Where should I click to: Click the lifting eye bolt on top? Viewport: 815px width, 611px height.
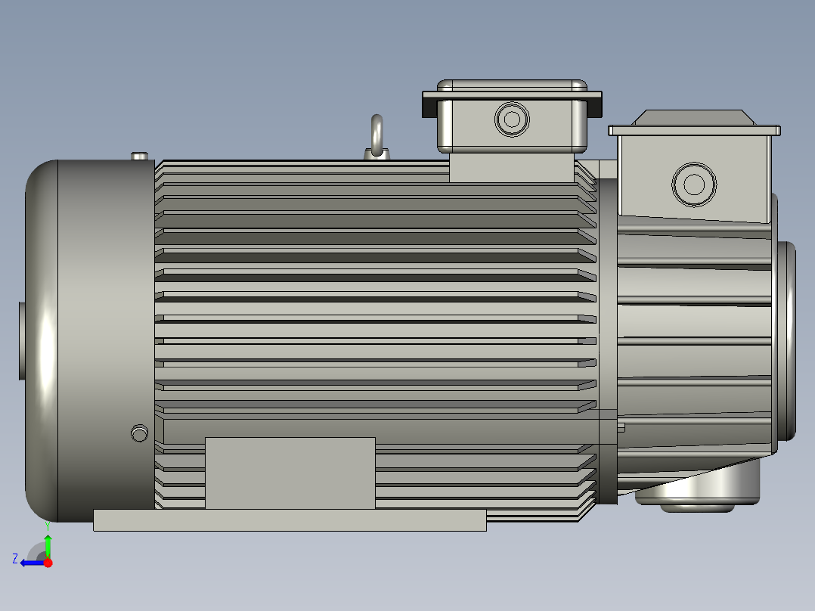pos(377,137)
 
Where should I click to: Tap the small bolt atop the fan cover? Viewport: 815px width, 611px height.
pos(139,156)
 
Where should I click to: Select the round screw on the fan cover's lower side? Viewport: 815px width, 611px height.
pos(138,433)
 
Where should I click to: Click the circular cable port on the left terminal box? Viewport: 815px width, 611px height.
pos(512,119)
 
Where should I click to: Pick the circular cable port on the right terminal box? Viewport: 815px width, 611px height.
pos(693,183)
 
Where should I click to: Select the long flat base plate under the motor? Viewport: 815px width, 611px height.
pos(289,520)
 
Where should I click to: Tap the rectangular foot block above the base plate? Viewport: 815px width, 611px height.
pos(290,473)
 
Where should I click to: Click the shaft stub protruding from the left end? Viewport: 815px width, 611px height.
pos(22,341)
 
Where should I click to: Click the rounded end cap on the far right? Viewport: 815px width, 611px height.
pos(786,340)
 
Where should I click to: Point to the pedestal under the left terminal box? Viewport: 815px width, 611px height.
pos(513,166)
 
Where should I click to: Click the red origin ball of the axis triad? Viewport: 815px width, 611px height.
pos(48,563)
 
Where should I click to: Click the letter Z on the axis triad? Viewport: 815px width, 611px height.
pos(15,559)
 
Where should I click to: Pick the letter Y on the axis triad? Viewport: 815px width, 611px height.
pos(47,524)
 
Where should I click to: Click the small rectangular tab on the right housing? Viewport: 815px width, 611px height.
pos(621,427)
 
